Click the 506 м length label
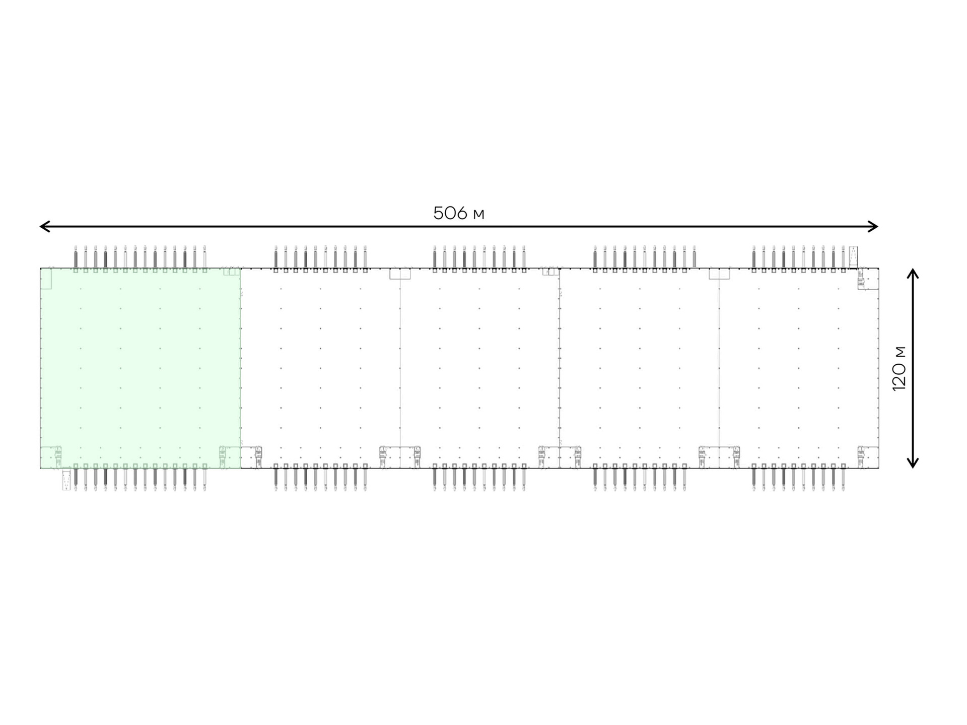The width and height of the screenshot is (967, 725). point(458,213)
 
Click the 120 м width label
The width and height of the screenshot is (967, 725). point(899,368)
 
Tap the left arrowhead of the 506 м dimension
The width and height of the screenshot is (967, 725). point(44,226)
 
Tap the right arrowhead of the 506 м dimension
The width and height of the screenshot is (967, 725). point(873,226)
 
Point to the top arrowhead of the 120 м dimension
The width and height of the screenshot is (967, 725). point(913,273)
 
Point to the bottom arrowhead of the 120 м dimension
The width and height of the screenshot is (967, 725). point(913,463)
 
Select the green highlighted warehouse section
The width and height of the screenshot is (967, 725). point(141,368)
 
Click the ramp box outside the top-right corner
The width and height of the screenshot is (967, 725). point(853,257)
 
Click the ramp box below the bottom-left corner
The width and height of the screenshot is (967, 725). point(66,480)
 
